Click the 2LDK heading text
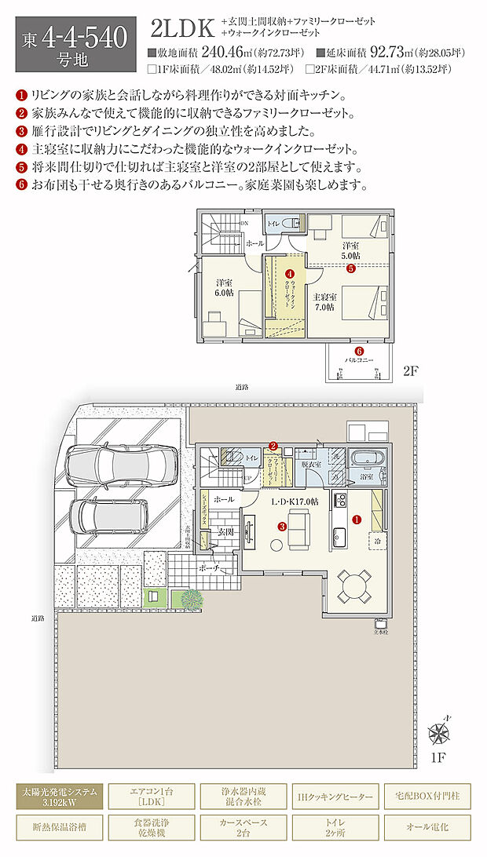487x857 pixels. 181,29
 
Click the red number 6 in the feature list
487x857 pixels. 20,185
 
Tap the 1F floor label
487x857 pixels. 439,758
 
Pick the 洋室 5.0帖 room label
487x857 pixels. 350,250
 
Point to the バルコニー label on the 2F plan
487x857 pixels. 359,361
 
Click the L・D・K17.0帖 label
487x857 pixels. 295,501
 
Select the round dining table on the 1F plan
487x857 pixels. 355,584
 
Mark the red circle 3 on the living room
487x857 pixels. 281,527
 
